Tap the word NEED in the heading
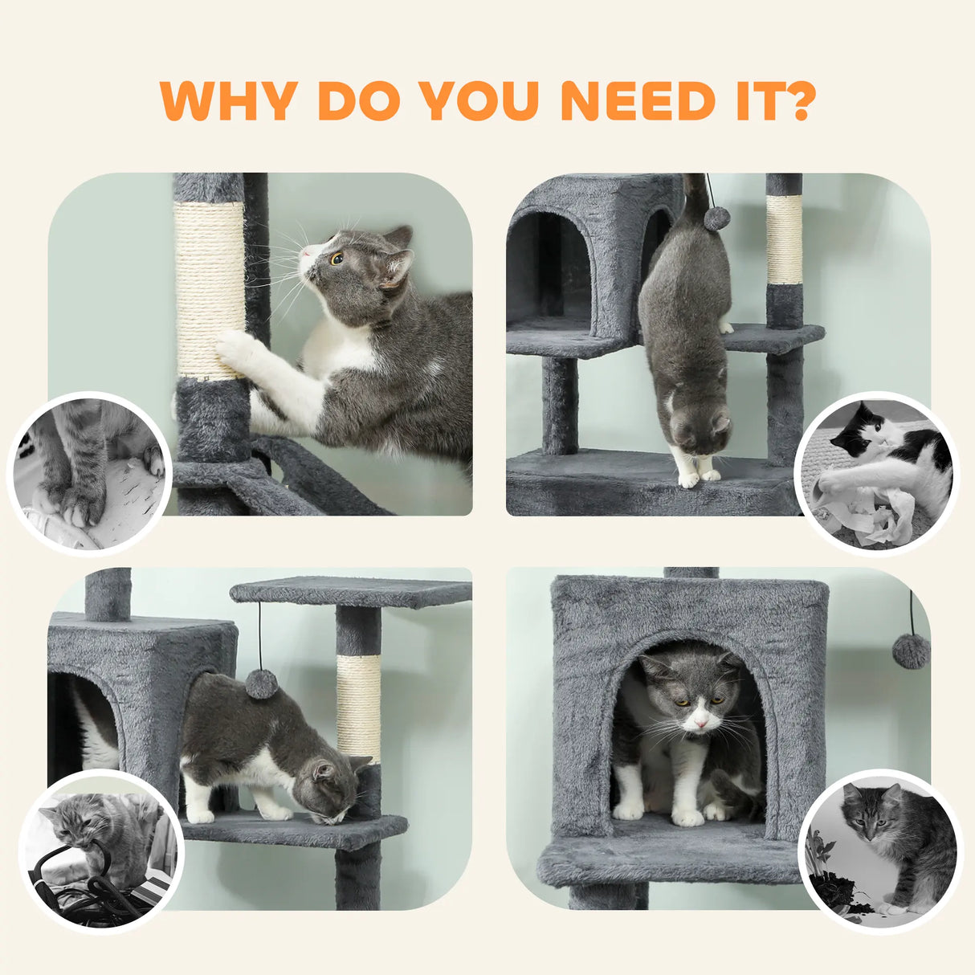coord(638,101)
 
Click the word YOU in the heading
coord(479,101)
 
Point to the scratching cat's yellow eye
coord(337,259)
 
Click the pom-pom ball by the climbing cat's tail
coord(716,218)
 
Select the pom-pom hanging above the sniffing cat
coord(262,683)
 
